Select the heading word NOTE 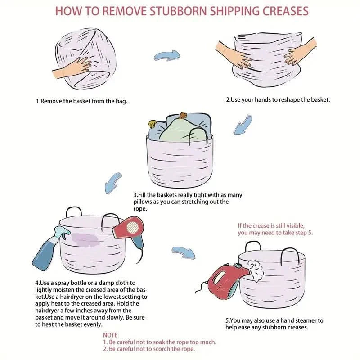click(110, 335)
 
